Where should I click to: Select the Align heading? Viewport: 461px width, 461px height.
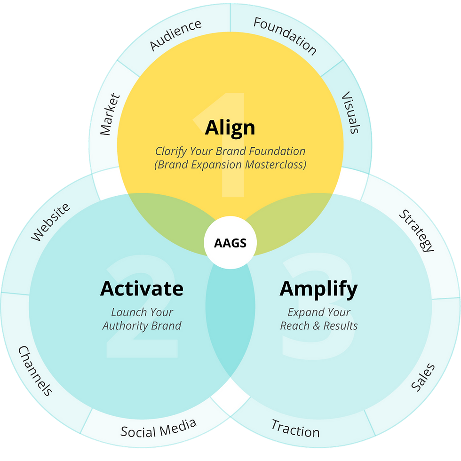point(230,128)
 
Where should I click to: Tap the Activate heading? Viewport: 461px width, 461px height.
point(142,288)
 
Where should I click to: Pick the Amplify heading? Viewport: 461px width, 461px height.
point(318,288)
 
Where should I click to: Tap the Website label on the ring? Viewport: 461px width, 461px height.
point(50,222)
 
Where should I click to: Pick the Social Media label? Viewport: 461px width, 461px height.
point(158,428)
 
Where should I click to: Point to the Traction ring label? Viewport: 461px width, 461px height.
point(295,428)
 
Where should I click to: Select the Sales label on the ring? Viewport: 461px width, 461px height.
point(423,378)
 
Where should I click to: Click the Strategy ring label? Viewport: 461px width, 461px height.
point(416,230)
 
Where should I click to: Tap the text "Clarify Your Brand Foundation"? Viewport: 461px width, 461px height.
point(230,151)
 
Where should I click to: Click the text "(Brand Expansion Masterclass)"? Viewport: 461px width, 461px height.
point(230,165)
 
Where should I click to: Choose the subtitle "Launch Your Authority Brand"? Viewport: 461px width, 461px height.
point(142,319)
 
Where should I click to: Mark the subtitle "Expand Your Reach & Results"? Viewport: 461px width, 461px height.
point(318,319)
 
